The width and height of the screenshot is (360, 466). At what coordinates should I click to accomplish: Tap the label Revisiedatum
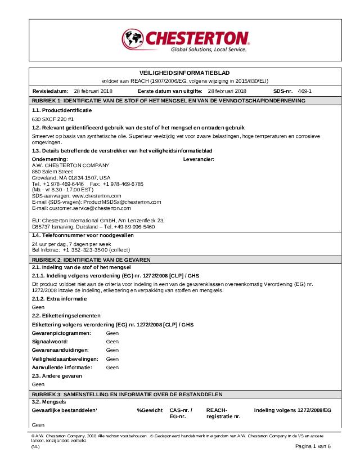[50, 91]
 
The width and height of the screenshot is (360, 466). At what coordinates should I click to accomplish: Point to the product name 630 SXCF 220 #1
[53, 119]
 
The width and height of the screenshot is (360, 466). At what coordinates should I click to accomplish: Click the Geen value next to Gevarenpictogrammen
[112, 333]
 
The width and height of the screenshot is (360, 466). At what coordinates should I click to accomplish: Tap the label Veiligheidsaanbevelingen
[65, 359]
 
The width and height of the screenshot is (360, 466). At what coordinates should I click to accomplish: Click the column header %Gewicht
[150, 410]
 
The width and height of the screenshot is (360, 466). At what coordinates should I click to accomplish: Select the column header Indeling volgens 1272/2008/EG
[292, 410]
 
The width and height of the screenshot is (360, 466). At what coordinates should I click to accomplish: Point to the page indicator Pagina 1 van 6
[313, 446]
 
